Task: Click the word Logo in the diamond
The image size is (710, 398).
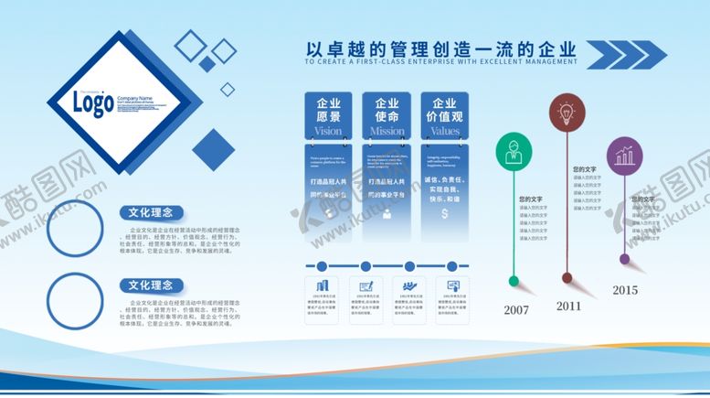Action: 94,103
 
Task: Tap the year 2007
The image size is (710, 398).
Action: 516,309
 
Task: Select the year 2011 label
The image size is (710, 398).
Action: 568,306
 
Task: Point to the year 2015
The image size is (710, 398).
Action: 625,290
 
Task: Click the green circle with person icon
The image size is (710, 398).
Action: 515,153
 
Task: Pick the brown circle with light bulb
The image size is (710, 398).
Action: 567,113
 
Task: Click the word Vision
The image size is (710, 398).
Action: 329,132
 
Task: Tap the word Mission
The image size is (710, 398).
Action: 387,132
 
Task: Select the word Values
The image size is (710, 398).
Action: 445,132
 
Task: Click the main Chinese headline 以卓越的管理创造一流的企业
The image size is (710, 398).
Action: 441,48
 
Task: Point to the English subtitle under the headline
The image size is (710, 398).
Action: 441,62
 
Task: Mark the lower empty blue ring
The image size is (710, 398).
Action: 75,300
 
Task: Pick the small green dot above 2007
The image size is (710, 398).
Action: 515,279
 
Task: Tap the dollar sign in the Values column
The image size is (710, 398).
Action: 444,214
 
